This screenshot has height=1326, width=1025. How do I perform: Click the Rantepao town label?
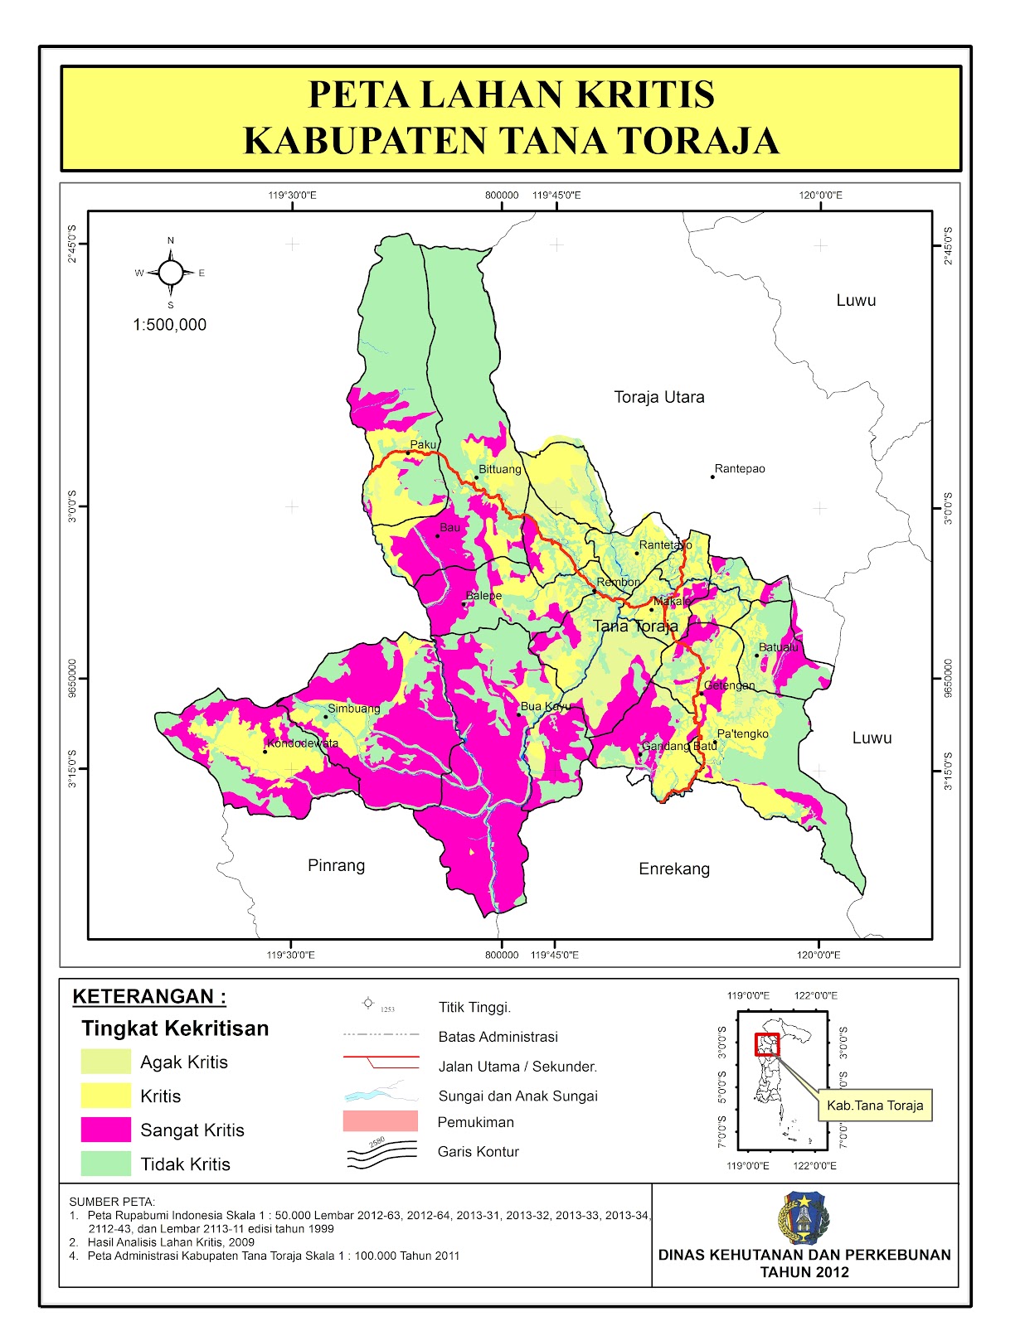click(740, 469)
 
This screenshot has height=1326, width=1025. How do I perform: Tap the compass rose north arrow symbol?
click(171, 272)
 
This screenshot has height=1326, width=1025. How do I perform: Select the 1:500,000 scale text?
click(170, 325)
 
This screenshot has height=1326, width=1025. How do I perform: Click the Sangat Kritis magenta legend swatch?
click(106, 1130)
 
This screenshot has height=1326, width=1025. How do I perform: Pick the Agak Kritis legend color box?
click(106, 1062)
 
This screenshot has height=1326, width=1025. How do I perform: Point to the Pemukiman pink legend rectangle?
click(380, 1121)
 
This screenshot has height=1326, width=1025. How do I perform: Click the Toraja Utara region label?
click(659, 397)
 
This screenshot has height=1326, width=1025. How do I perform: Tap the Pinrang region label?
click(336, 865)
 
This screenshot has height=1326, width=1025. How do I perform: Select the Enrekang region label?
click(674, 869)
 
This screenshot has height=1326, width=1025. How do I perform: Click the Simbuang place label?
click(354, 709)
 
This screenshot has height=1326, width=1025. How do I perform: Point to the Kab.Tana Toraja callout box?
click(875, 1106)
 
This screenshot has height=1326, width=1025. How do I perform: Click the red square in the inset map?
click(767, 1044)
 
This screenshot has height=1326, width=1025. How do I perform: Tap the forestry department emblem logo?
click(804, 1217)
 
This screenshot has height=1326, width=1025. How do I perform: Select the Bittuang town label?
click(500, 469)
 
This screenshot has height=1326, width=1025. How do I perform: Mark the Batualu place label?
click(779, 647)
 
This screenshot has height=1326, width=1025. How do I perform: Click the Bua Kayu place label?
click(545, 706)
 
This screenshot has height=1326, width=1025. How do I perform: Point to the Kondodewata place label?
click(303, 743)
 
